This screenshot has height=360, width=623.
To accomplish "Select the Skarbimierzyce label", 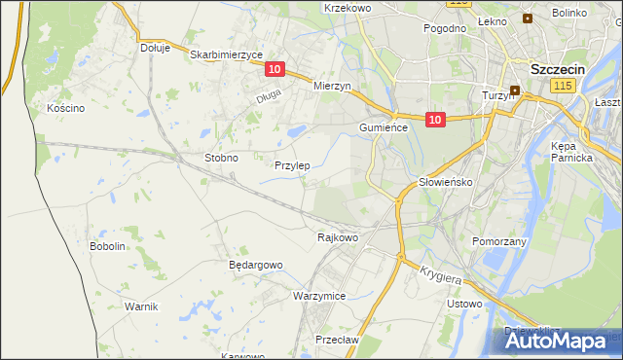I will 227,55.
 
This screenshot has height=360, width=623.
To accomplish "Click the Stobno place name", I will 221,157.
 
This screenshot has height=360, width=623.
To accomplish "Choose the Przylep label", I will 292,165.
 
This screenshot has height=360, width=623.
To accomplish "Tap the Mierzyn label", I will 332,86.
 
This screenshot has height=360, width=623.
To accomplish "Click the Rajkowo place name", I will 338,236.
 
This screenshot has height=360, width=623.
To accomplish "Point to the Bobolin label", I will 108,246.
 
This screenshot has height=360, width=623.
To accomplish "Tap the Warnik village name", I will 141,306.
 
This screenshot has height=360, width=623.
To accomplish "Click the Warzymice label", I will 319,295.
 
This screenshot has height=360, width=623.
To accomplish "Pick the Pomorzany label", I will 498,240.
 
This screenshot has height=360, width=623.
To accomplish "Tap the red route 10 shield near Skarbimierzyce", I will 275,69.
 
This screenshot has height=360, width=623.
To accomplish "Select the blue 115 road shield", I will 561,88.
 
